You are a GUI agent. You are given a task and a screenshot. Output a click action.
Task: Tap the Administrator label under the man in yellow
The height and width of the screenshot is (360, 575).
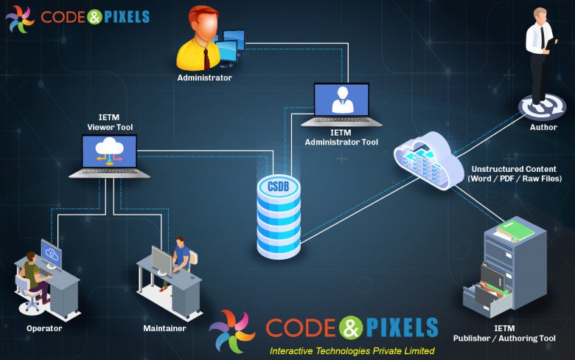204,77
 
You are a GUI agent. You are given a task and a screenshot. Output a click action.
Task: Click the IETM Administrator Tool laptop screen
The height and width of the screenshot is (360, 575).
341,100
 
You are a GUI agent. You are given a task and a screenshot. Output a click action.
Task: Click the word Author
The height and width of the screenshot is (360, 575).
543,127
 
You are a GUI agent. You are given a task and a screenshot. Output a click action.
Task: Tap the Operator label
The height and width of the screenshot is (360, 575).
44,328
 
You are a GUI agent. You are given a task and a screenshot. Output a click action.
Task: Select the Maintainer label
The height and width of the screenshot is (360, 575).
164,328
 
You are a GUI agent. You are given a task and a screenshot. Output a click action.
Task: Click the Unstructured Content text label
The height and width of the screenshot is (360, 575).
515,174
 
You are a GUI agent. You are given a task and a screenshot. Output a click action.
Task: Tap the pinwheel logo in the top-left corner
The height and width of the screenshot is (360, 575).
20,18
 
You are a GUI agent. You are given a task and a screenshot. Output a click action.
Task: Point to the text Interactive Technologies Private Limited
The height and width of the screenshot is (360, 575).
352,350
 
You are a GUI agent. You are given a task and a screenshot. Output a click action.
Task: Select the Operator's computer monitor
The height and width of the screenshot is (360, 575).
52,255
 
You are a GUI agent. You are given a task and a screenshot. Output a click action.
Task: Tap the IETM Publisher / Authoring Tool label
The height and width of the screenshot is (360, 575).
515,333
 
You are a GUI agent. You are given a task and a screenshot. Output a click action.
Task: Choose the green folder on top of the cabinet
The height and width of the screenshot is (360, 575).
515,231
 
